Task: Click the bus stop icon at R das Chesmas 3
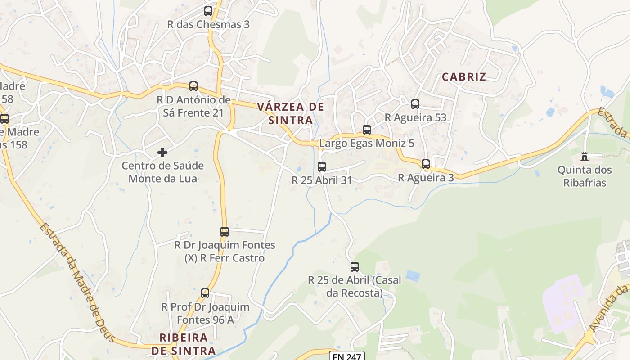[x=208, y=11]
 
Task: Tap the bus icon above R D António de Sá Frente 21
[x=193, y=86]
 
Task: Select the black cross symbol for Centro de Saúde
[x=162, y=153]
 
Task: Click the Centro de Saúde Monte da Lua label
[x=162, y=172]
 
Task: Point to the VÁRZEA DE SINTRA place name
[x=290, y=113]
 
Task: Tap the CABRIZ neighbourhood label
[x=464, y=76]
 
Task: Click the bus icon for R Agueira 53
[x=415, y=104]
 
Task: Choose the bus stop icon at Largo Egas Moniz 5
[x=367, y=130]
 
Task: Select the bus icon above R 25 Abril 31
[x=322, y=167]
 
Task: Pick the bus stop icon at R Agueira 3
[x=426, y=164]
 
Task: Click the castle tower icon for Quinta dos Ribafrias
[x=585, y=156]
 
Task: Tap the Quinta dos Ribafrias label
[x=585, y=176]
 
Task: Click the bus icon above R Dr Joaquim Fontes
[x=225, y=232]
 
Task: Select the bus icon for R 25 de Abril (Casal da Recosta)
[x=355, y=267]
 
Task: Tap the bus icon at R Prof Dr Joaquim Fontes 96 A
[x=205, y=293]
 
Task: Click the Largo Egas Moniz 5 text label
[x=367, y=144]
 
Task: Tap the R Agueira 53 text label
[x=415, y=117]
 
